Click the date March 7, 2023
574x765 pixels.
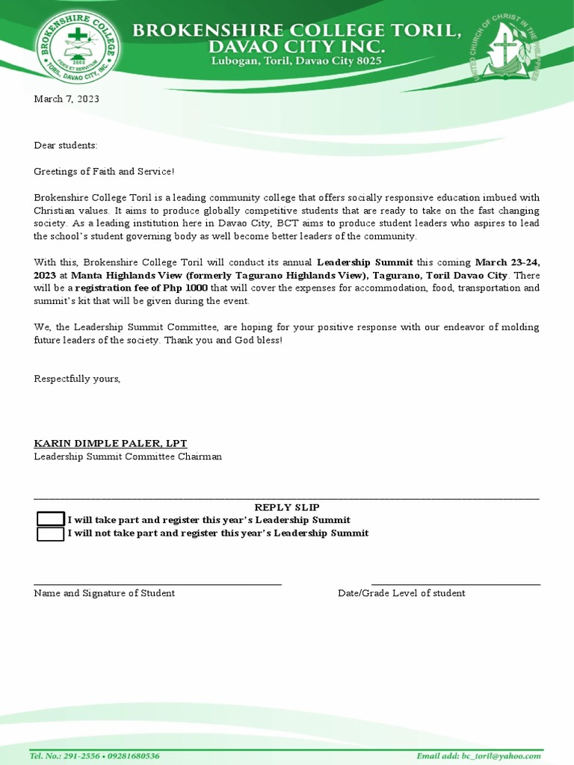click(x=67, y=99)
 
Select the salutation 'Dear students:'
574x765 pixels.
click(x=66, y=145)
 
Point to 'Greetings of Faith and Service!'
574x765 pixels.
click(x=104, y=171)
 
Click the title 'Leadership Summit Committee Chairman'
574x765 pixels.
click(x=128, y=456)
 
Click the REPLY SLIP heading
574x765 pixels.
click(x=287, y=507)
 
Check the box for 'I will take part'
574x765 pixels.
click(x=50, y=520)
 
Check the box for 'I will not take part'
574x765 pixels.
click(x=50, y=533)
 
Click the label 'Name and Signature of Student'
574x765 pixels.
click(x=105, y=593)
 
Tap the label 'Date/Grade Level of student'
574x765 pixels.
click(x=401, y=593)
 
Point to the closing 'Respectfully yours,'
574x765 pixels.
click(x=77, y=379)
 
